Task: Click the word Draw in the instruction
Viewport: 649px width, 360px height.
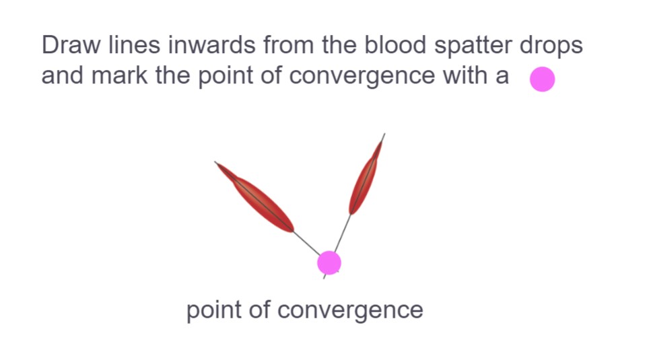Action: click(x=71, y=44)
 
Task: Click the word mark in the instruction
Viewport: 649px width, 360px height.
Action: click(x=119, y=75)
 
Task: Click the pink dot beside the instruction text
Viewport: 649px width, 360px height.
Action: click(x=542, y=79)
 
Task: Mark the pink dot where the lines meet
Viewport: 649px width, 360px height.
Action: click(x=329, y=262)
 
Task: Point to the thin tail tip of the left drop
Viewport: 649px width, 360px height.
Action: click(x=215, y=163)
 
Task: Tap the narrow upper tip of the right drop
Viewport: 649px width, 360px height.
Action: click(x=381, y=141)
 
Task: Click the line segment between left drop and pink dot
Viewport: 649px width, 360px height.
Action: click(x=306, y=243)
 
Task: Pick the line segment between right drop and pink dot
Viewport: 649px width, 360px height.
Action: click(x=343, y=233)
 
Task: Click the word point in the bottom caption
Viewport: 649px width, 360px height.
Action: click(x=213, y=310)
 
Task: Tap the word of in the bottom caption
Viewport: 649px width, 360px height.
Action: click(x=259, y=309)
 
